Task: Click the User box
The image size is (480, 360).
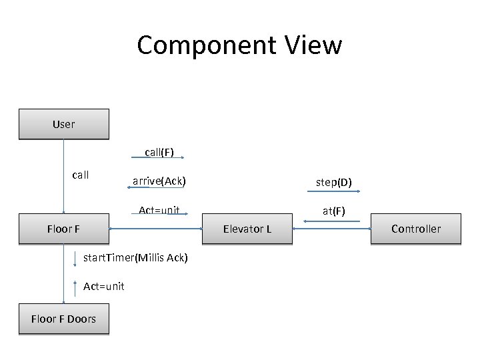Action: (63, 124)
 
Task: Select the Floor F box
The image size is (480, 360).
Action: (63, 229)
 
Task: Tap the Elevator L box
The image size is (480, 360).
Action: (247, 229)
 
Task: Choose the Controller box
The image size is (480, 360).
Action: (415, 229)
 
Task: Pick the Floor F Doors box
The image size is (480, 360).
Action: (63, 319)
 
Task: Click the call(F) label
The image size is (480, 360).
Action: (159, 152)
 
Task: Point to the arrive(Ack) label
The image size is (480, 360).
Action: (159, 181)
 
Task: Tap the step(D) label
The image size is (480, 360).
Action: (334, 182)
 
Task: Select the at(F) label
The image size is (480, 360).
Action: (333, 211)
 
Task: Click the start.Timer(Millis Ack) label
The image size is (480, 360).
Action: (135, 257)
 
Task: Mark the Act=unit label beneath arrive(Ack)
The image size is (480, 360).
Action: (159, 211)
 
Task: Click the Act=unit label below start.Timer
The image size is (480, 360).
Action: (103, 286)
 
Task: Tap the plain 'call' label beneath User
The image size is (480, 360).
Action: (80, 175)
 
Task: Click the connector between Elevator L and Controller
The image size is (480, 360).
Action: (331, 229)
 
